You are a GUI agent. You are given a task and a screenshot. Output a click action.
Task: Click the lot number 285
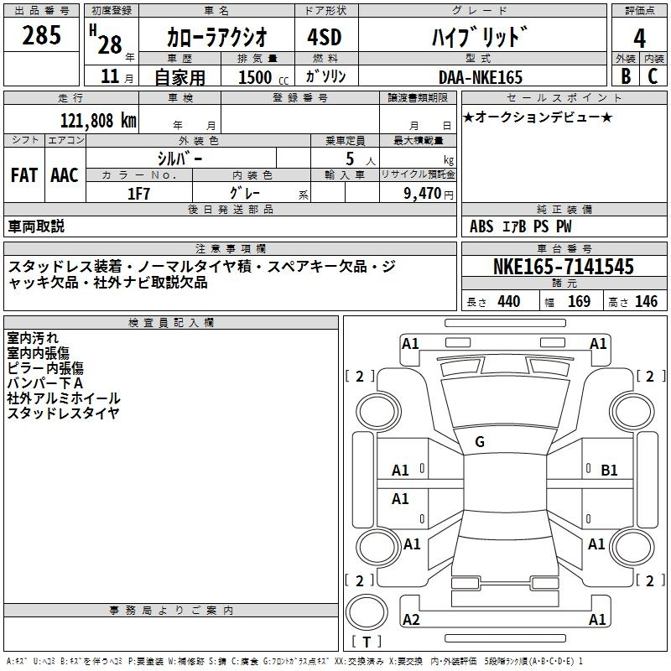[x=41, y=34]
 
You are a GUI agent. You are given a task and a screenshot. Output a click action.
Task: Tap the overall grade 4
[x=639, y=39]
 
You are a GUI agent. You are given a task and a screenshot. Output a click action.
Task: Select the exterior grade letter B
[x=626, y=75]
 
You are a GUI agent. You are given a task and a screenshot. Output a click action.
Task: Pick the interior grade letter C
[x=653, y=75]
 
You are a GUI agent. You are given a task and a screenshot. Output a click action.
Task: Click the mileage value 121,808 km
[x=98, y=121]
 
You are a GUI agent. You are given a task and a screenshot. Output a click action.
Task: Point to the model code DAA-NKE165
[x=481, y=77]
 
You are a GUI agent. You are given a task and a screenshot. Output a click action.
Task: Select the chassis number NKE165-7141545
[x=563, y=267]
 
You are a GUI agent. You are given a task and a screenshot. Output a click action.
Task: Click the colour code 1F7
[x=138, y=194]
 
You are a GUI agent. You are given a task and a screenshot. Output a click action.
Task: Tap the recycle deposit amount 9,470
[x=423, y=194]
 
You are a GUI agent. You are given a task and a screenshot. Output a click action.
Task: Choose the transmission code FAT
[x=24, y=175]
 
